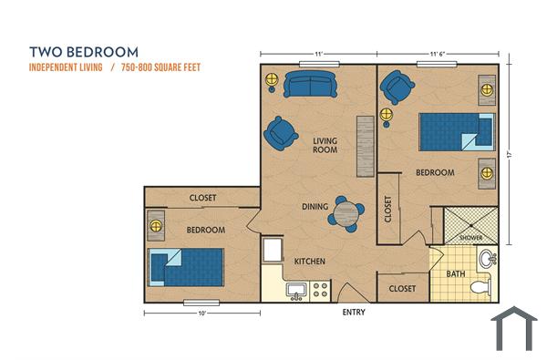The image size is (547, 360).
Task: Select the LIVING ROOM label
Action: click(326, 145)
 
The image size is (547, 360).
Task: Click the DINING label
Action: click(315, 207)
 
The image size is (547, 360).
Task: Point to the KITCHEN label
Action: click(309, 262)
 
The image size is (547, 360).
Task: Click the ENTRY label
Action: click(354, 312)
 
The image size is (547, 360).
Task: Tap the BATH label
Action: click(455, 273)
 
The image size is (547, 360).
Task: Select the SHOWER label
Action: click(470, 237)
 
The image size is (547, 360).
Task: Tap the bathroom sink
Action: click(488, 259)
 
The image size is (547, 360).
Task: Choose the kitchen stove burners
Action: click(320, 290)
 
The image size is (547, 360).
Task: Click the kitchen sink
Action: click(294, 291)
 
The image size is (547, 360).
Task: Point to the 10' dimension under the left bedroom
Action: click(201, 313)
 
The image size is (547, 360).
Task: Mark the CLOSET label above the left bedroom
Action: click(202, 198)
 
